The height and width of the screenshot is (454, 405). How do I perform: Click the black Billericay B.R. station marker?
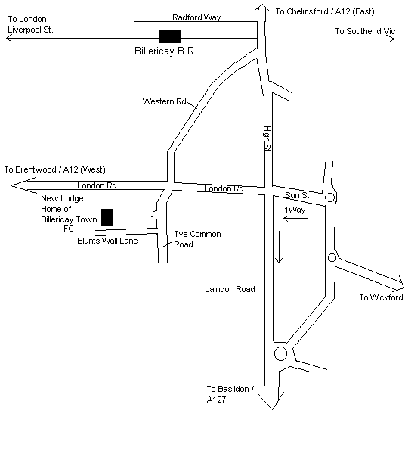[x=170, y=36]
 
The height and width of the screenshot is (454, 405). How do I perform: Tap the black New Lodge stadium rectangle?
[x=107, y=217]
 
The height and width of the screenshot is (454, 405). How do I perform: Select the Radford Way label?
[x=196, y=17]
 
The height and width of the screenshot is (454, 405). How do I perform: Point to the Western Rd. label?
[x=165, y=101]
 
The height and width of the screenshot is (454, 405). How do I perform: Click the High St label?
[x=267, y=138]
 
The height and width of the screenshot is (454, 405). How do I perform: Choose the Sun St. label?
[x=298, y=195]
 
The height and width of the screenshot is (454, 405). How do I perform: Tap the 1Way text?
[x=295, y=210]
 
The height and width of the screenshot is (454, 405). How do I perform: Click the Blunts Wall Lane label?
[x=107, y=241]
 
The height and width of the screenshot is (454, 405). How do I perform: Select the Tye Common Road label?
[x=197, y=239]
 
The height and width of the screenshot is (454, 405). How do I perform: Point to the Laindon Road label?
[x=230, y=289]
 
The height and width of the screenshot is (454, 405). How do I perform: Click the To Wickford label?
[x=381, y=297]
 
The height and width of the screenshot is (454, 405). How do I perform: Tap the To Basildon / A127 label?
[x=230, y=394]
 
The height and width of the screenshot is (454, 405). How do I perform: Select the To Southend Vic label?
[x=365, y=31]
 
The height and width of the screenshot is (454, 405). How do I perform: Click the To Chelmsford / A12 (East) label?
[x=325, y=11]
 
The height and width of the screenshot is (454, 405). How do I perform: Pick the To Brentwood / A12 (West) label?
[x=55, y=169]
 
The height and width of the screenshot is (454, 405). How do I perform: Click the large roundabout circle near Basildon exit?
[x=280, y=347]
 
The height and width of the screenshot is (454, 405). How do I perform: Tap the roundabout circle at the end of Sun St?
[x=330, y=193]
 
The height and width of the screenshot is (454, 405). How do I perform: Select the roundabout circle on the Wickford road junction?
[x=332, y=253]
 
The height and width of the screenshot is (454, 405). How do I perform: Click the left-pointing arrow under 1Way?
[x=295, y=218]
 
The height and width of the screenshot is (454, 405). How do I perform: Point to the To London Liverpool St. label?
[x=30, y=24]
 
